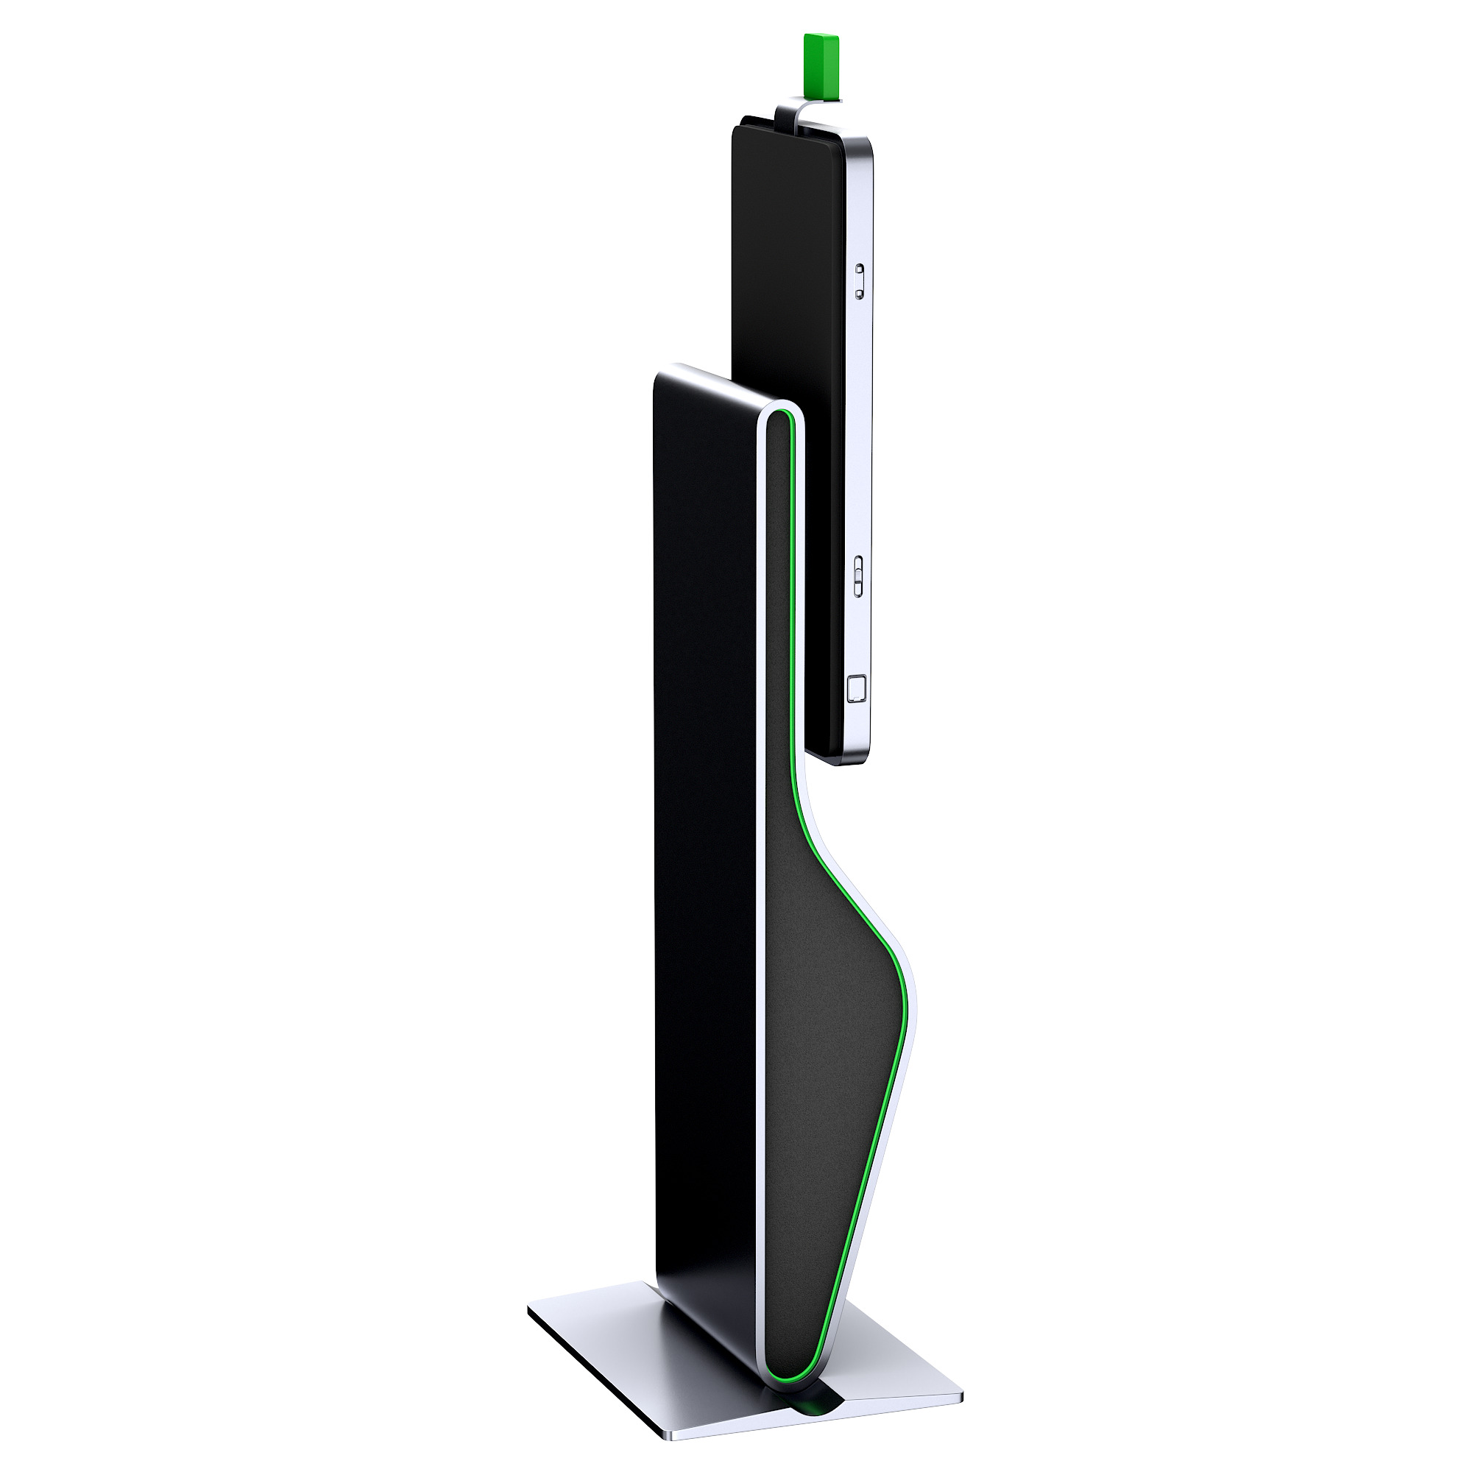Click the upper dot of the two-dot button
[860, 269]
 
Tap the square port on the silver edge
[857, 689]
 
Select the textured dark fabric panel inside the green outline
[823, 1029]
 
